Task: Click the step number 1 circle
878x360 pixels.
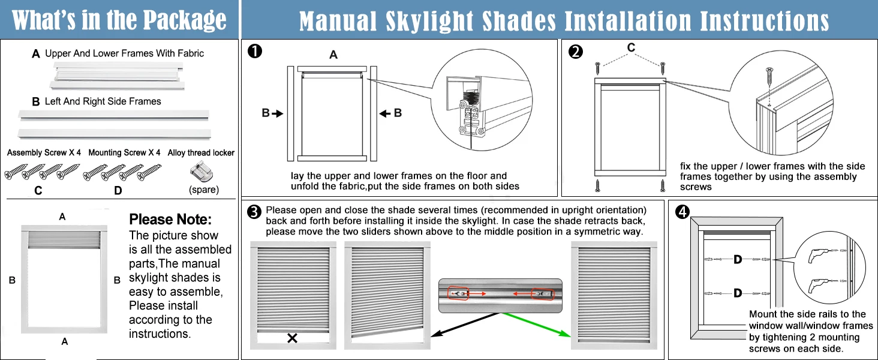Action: [x=255, y=52]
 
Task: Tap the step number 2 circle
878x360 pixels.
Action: [x=575, y=52]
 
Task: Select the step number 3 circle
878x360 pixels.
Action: [x=254, y=212]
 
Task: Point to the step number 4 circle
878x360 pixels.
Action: [x=681, y=212]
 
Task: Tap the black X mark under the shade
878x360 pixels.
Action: [x=292, y=338]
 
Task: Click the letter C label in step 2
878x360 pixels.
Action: [x=631, y=47]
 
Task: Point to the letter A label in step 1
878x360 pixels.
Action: [x=333, y=55]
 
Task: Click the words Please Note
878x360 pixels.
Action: [x=170, y=220]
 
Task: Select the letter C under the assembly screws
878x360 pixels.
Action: [x=38, y=191]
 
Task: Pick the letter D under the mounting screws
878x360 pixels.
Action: [x=118, y=191]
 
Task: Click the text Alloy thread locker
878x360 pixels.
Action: [x=201, y=153]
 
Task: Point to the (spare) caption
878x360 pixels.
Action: [x=204, y=190]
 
